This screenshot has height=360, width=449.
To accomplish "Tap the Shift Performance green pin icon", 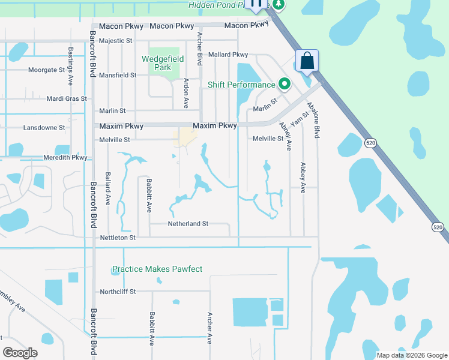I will pyautogui.click(x=285, y=84).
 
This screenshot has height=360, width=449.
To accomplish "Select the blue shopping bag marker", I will pyautogui.click(x=307, y=61).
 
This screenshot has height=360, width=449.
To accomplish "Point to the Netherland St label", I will pyautogui.click(x=188, y=223).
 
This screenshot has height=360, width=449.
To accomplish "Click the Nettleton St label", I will pyautogui.click(x=116, y=238).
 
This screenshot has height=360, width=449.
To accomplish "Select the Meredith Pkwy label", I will pyautogui.click(x=65, y=158).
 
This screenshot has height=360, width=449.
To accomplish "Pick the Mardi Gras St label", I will pyautogui.click(x=67, y=98).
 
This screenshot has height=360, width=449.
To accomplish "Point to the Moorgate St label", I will pyautogui.click(x=46, y=70).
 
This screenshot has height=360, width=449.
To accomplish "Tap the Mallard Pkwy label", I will pyautogui.click(x=228, y=55).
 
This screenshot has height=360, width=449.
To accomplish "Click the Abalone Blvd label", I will pyautogui.click(x=313, y=120).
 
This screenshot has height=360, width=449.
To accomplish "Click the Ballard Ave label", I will pyautogui.click(x=109, y=189).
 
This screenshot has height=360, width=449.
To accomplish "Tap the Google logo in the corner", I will pyautogui.click(x=20, y=353).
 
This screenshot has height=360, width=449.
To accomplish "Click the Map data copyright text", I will pyautogui.click(x=411, y=355).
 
